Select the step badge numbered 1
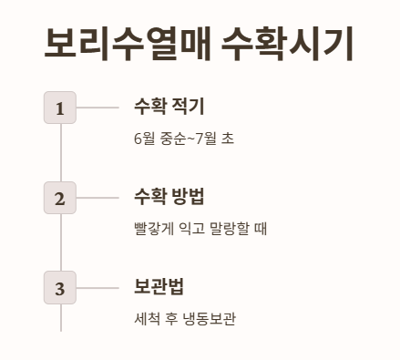click(x=60, y=108)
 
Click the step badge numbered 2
click(x=60, y=198)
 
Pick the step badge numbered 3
click(x=60, y=288)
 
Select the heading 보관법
click(x=159, y=285)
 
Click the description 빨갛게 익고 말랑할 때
click(x=200, y=229)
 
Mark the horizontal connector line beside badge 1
click(x=97, y=108)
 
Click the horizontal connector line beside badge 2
click(x=97, y=198)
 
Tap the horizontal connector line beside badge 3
click(x=97, y=288)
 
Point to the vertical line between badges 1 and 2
click(x=60, y=152)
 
